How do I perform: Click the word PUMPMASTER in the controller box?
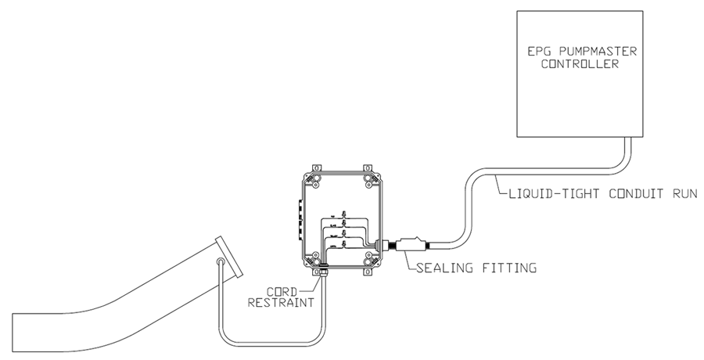click(594, 52)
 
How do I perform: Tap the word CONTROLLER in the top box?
click(580, 65)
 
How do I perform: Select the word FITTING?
click(510, 268)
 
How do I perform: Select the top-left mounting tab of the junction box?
click(315, 169)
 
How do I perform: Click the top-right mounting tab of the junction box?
click(366, 169)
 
